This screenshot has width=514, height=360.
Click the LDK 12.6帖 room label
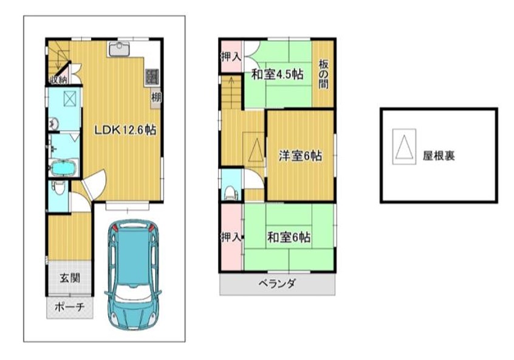125,130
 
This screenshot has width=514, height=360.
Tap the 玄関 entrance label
70,279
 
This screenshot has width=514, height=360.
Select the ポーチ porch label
69,308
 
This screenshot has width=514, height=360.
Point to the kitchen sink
118,50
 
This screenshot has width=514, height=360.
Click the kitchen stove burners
152,77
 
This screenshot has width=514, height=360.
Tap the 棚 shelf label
156,97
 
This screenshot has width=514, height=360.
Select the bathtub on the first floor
64,168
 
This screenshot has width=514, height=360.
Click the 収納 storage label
58,79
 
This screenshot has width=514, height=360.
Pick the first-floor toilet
59,187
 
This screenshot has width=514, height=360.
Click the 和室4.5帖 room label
277,75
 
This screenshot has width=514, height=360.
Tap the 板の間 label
323,75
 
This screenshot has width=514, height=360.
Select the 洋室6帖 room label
300,156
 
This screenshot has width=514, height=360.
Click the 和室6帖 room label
289,237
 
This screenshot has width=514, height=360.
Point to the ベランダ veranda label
277,283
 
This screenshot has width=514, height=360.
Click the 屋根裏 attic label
439,156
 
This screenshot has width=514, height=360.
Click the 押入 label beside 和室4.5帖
231,57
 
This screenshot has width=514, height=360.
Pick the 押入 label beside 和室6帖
231,237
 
